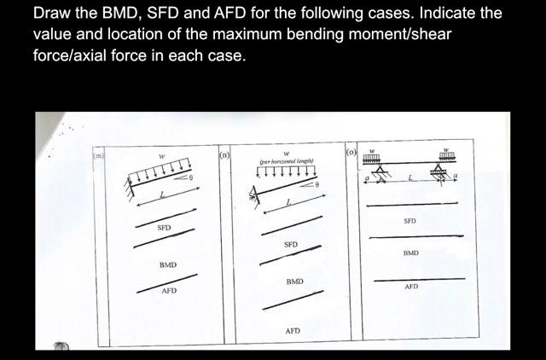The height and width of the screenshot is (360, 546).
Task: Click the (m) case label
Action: click(99, 155)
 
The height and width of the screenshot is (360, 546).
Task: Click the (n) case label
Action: click(224, 155)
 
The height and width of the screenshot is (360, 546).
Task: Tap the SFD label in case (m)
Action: click(164, 229)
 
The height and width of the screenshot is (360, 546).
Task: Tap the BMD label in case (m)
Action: click(168, 265)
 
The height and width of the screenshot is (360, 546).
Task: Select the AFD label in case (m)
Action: click(169, 292)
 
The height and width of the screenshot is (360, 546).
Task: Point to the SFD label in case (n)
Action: click(291, 245)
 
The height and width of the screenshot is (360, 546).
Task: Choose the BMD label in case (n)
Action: click(294, 282)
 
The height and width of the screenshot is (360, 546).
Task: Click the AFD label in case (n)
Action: click(292, 330)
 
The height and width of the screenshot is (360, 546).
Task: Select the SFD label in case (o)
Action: click(409, 221)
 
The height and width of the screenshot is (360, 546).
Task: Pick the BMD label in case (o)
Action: click(410, 253)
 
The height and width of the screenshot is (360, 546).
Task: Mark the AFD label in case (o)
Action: click(411, 287)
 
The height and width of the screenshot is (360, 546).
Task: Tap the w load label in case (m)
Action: click(162, 156)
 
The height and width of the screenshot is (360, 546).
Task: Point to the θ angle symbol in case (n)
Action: click(316, 184)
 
